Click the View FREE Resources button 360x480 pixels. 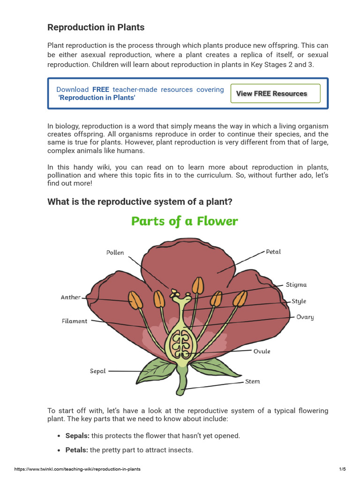(x=275, y=93)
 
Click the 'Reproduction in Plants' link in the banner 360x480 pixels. (x=97, y=97)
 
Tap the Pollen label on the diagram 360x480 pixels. (x=115, y=253)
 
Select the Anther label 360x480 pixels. (x=71, y=297)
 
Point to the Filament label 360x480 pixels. (x=75, y=321)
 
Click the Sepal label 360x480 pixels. (x=98, y=371)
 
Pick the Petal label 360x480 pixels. (x=273, y=252)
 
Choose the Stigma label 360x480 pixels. (x=296, y=285)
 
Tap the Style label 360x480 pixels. (x=299, y=301)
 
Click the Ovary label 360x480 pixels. (x=305, y=317)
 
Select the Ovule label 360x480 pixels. (x=262, y=351)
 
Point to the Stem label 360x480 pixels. (x=252, y=382)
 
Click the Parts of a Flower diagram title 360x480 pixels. (x=184, y=221)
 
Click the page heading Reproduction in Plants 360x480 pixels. (x=96, y=27)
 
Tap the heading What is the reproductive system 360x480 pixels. (x=140, y=202)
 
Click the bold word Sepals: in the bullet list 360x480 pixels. (x=77, y=435)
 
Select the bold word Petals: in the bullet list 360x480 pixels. (x=76, y=450)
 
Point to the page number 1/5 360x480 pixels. (x=342, y=469)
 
